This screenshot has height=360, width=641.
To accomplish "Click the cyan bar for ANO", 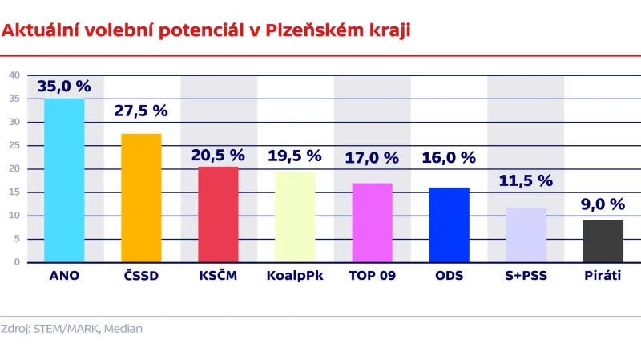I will pyautogui.click(x=64, y=180).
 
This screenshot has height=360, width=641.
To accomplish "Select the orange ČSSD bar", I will pyautogui.click(x=141, y=198).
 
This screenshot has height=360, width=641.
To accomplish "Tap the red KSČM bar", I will pyautogui.click(x=218, y=214).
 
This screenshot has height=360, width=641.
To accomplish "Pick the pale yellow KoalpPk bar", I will pyautogui.click(x=295, y=216).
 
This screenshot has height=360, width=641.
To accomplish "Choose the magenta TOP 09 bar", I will pyautogui.click(x=372, y=222).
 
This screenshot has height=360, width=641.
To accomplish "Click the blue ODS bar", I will pyautogui.click(x=449, y=224).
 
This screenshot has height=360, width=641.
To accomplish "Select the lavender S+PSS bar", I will pyautogui.click(x=526, y=235).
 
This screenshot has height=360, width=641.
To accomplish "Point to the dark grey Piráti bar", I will pyautogui.click(x=603, y=241).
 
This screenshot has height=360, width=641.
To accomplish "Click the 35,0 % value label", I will pyautogui.click(x=64, y=86).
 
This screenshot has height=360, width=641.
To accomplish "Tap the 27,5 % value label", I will pyautogui.click(x=141, y=111).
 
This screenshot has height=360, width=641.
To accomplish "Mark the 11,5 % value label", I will pyautogui.click(x=526, y=181).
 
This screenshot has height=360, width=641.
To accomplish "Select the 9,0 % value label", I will pyautogui.click(x=603, y=204).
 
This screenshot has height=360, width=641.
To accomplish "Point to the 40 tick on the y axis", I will pyautogui.click(x=14, y=75).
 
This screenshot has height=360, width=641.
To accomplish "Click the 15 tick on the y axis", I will pyautogui.click(x=14, y=192).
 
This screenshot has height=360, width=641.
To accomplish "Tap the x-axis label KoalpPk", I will pyautogui.click(x=294, y=277).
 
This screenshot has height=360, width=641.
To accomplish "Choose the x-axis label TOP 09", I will pyautogui.click(x=372, y=277).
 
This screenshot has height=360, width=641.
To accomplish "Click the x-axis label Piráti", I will pyautogui.click(x=603, y=277).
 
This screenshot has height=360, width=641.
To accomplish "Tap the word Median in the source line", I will pyautogui.click(x=124, y=328).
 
